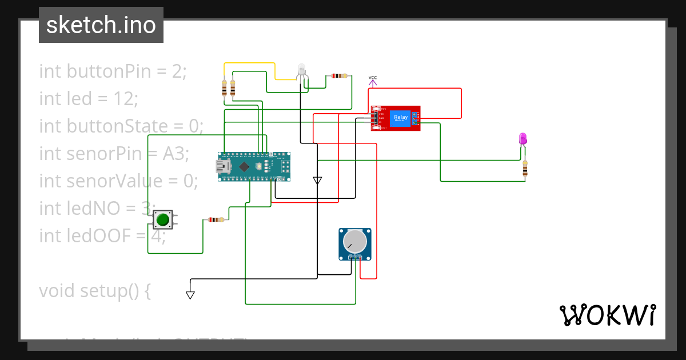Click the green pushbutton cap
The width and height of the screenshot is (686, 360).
click(x=163, y=219)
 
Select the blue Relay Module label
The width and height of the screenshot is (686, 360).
click(x=401, y=118)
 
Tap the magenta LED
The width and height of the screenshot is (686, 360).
click(x=523, y=138)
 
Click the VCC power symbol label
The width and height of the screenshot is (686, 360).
click(x=373, y=78)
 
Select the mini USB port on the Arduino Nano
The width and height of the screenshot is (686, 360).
click(x=222, y=166)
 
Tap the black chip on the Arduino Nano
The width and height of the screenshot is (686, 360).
click(x=244, y=166)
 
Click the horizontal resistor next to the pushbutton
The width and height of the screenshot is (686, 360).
click(x=216, y=219)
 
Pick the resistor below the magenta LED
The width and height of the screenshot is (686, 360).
click(x=525, y=169)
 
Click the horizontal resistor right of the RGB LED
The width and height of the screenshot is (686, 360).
click(x=339, y=75)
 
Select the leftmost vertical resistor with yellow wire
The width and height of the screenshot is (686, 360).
click(x=224, y=88)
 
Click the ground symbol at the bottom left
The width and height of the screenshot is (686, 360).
click(x=190, y=295)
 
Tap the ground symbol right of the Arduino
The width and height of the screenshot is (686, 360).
click(x=317, y=181)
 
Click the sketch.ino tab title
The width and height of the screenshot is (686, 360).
click(x=101, y=25)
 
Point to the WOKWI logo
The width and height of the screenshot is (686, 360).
click(x=607, y=315)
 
